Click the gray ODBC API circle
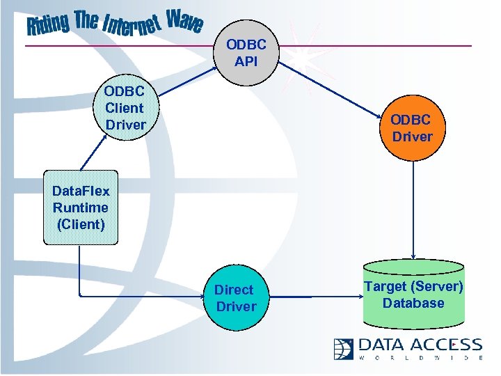click(x=246, y=53)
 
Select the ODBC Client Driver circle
click(x=125, y=108)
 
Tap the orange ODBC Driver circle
click(x=412, y=128)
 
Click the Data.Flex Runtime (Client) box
click(x=81, y=207)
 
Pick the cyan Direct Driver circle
click(x=235, y=298)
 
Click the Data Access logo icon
click(x=344, y=348)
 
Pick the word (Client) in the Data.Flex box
click(x=81, y=224)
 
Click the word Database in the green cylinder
click(x=413, y=303)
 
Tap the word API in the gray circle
click(x=246, y=61)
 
